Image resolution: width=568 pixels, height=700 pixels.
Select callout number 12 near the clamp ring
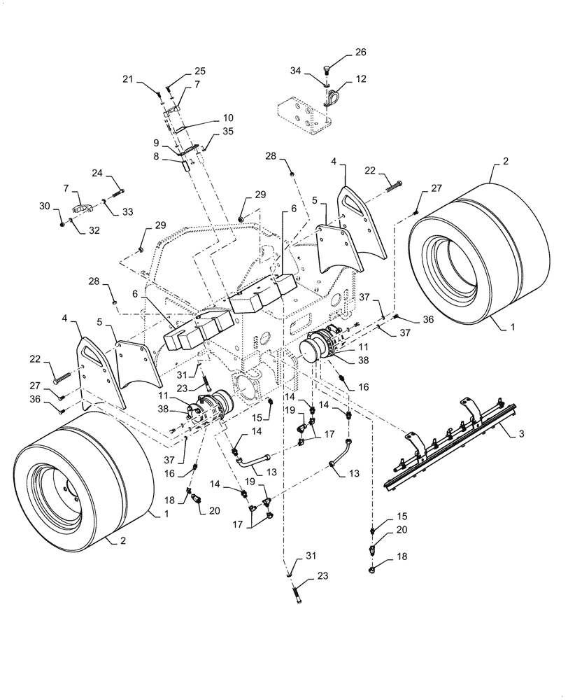click(362, 79)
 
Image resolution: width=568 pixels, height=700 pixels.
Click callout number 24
click(97, 173)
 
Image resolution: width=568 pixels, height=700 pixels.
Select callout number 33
click(127, 212)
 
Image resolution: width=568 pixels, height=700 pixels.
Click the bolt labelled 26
click(328, 68)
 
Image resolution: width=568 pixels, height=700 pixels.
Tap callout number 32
click(94, 230)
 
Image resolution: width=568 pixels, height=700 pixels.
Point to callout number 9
click(157, 143)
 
